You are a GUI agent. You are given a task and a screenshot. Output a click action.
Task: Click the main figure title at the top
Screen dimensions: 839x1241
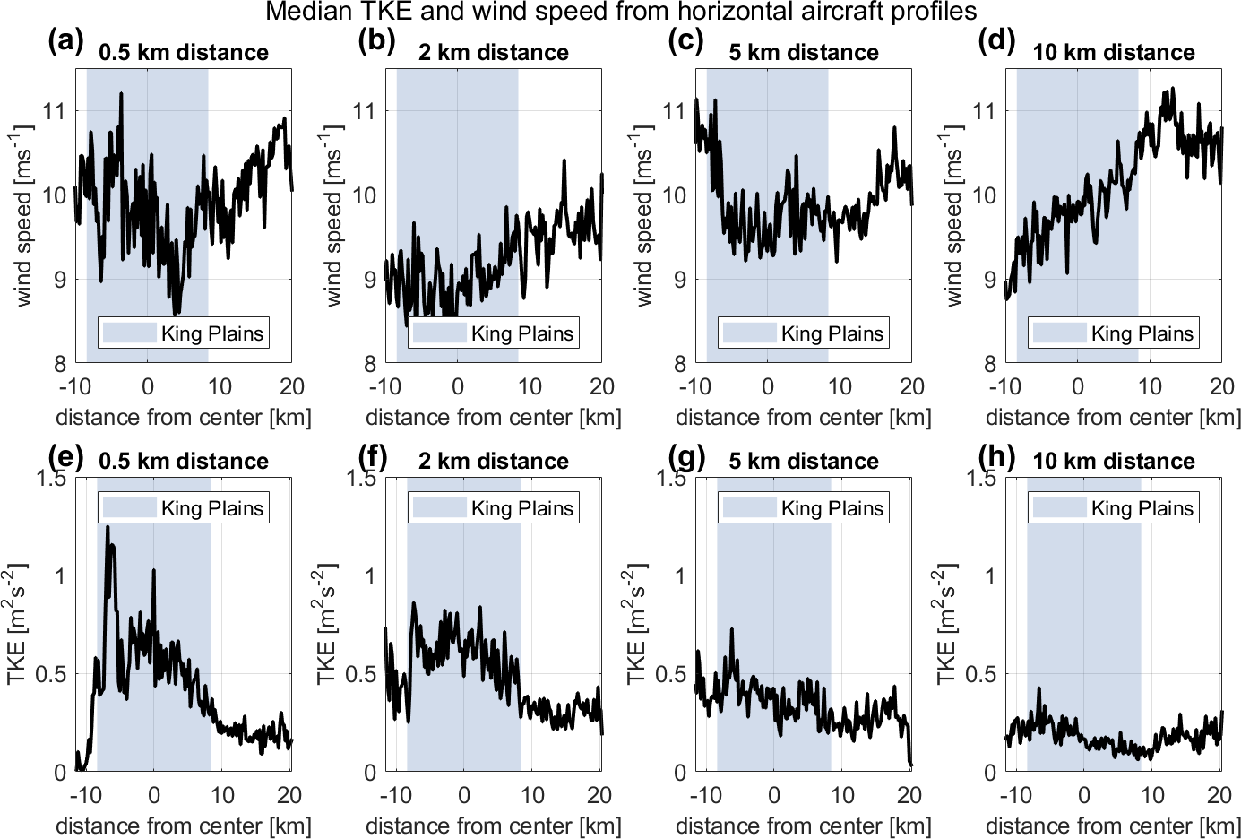[x=621, y=12]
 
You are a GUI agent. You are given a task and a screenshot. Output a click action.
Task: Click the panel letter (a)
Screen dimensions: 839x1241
[x=65, y=41]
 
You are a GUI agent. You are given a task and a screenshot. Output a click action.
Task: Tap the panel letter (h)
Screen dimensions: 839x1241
[x=995, y=457]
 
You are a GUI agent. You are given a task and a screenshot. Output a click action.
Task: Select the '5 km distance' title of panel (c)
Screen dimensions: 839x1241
[x=804, y=52]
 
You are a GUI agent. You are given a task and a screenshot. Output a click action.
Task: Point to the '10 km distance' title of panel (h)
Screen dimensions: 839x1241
[x=1114, y=461]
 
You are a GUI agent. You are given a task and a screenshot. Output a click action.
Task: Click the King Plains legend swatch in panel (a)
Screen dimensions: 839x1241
[x=129, y=333]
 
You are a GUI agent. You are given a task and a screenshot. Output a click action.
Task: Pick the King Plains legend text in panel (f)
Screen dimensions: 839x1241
[x=521, y=508]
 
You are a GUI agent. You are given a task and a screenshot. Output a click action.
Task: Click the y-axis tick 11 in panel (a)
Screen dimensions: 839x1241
[x=54, y=111]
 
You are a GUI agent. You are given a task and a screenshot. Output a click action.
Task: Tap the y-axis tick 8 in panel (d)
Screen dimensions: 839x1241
[x=989, y=363]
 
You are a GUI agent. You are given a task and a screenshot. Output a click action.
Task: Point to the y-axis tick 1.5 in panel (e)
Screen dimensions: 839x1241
[x=50, y=477]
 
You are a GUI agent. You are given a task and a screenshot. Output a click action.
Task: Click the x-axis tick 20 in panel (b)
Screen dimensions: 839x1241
[x=602, y=386]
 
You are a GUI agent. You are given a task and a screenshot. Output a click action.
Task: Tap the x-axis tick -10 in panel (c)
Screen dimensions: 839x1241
[x=694, y=386]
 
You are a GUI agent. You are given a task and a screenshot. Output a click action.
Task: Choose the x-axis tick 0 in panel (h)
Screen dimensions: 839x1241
[x=1083, y=795]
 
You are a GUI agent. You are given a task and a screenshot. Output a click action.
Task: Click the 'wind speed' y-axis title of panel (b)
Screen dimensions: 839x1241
[x=333, y=216]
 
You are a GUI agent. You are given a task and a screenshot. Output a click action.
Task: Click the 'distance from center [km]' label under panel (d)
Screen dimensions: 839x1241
[x=1113, y=417]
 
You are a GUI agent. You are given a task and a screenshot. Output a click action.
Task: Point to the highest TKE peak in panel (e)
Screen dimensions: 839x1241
[x=108, y=527]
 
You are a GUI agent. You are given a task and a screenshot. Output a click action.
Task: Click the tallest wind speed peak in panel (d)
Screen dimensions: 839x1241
[x=1171, y=89]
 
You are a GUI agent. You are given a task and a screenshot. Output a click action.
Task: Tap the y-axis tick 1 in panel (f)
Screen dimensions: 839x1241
[x=370, y=575]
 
